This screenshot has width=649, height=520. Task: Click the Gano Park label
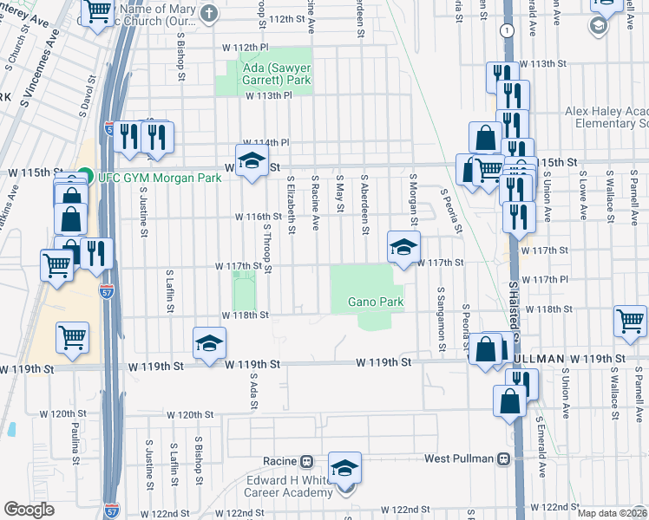point(376,302)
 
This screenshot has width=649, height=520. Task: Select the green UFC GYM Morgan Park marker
point(84,177)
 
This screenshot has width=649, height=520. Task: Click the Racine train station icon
point(306,460)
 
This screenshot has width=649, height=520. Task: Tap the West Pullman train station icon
point(502,458)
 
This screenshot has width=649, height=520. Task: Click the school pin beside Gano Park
point(403,247)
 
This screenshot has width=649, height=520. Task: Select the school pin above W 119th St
point(209,343)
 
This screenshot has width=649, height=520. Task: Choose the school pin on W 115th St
point(252,160)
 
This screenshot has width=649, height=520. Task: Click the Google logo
point(29,510)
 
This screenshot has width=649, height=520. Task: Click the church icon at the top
point(209,13)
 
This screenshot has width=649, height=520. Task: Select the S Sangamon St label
point(442,319)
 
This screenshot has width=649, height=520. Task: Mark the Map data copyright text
point(612,513)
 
